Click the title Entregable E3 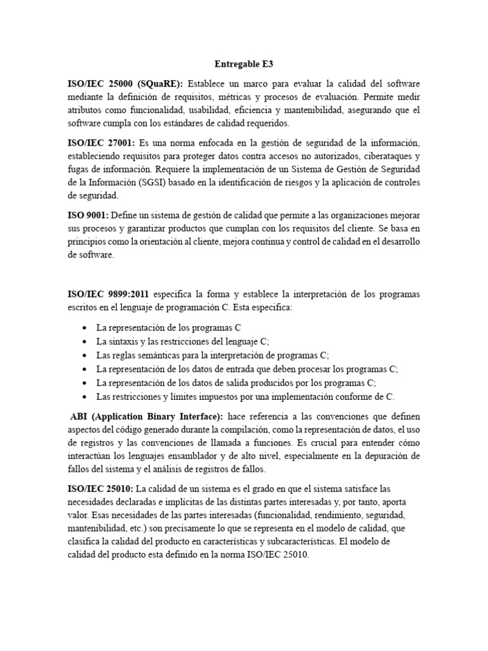(243, 64)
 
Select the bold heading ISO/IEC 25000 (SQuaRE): (125, 84)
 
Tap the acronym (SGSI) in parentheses (147, 184)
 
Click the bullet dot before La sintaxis (85, 341)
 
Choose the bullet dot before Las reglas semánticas (85, 355)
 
